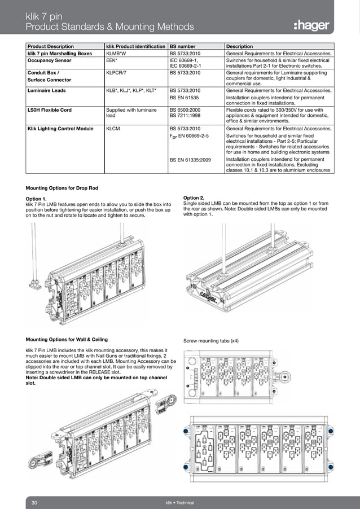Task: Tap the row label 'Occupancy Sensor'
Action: point(51,59)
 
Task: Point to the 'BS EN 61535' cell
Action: point(186,98)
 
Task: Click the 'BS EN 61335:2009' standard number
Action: point(191,160)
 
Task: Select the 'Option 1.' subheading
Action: point(38,199)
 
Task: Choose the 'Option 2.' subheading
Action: point(195,198)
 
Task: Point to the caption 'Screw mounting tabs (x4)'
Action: point(211,341)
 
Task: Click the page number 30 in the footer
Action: point(34,502)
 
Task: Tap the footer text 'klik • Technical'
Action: point(179,502)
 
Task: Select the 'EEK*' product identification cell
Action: point(112,59)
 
